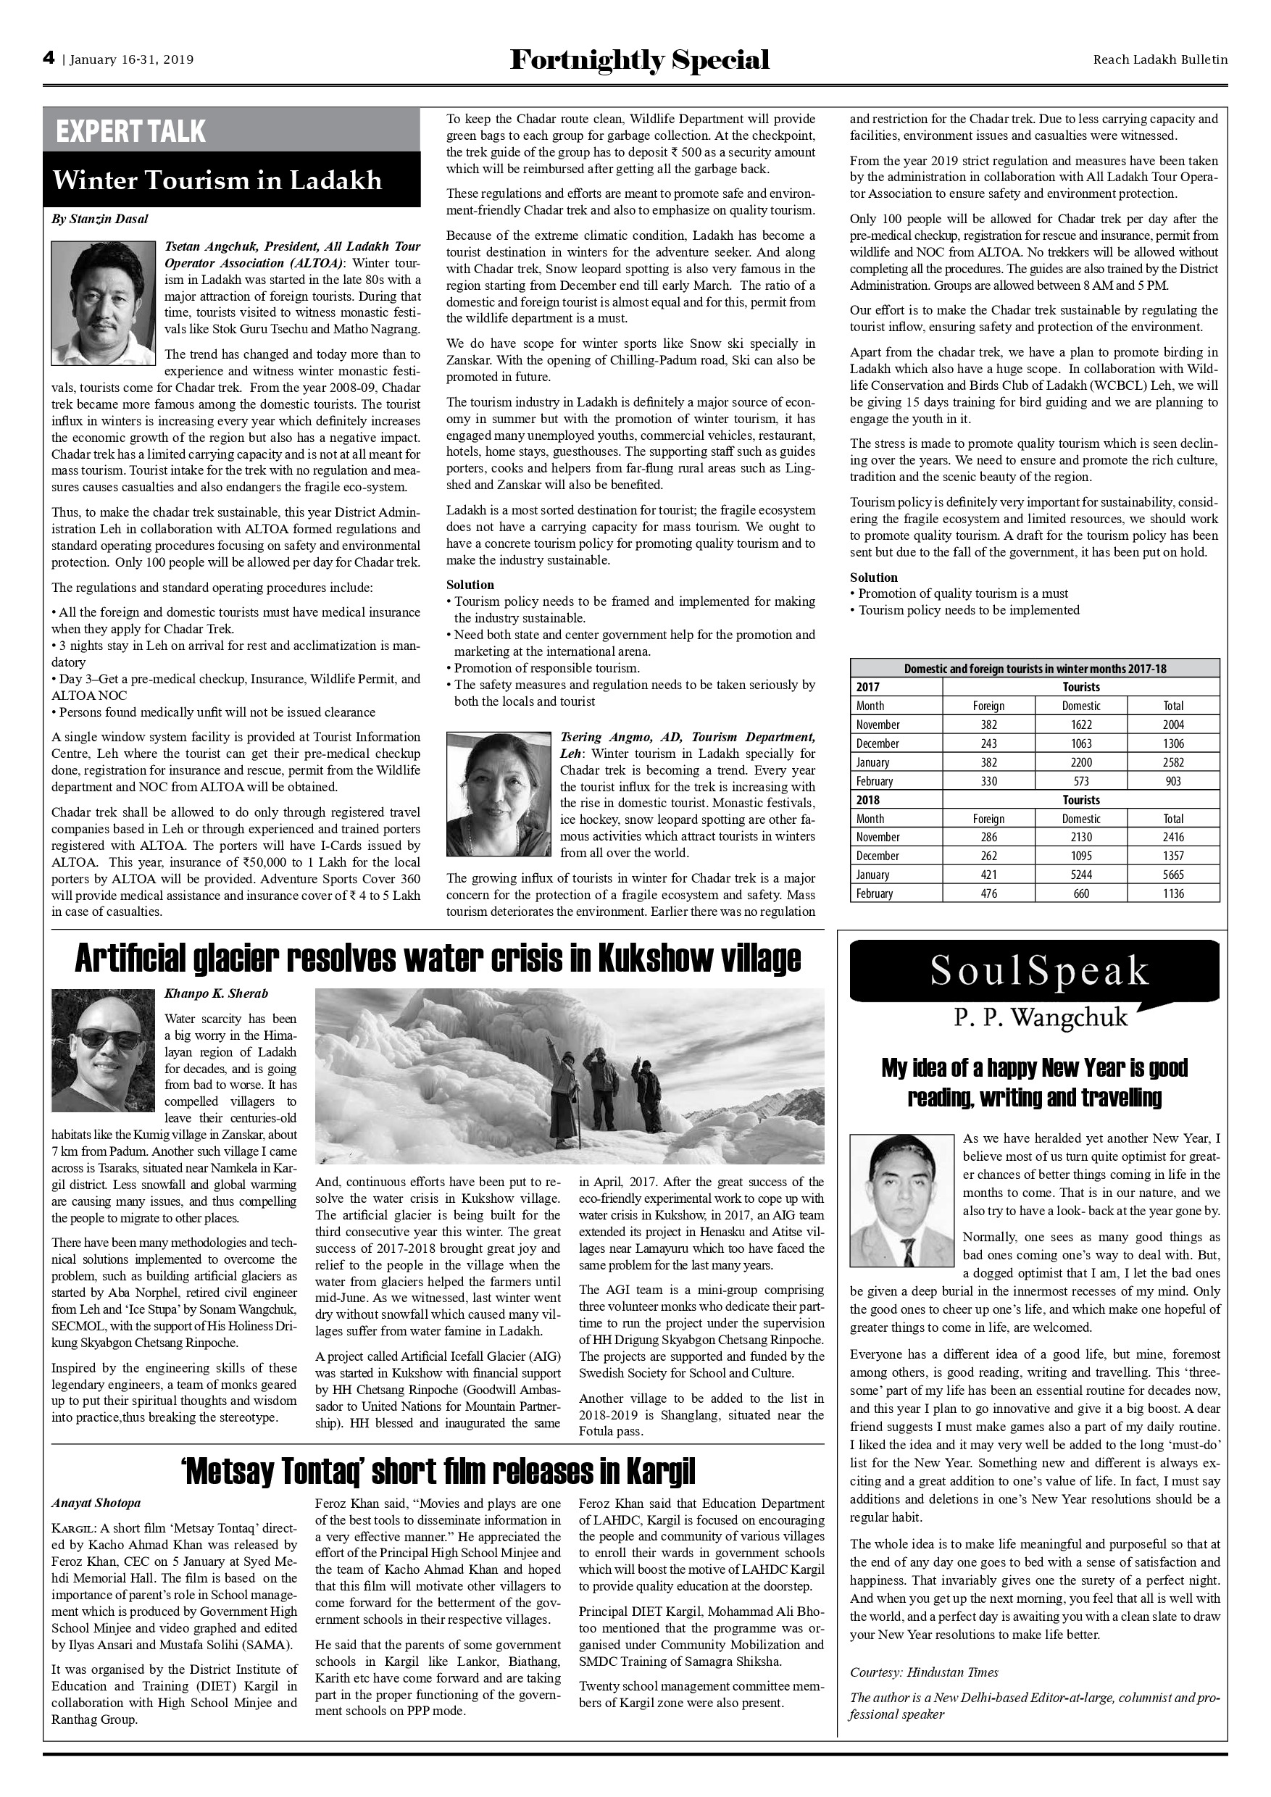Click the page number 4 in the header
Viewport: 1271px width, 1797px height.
(x=49, y=59)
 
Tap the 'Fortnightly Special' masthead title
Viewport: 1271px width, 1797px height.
(x=639, y=60)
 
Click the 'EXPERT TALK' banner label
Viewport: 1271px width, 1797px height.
(x=130, y=130)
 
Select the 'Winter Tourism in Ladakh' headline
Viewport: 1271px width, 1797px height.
(x=217, y=181)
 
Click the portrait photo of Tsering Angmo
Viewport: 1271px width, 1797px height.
(x=499, y=794)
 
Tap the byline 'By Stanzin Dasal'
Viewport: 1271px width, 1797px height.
(x=100, y=219)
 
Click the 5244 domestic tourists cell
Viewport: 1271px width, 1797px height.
(x=1081, y=875)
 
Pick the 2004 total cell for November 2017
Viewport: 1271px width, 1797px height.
(x=1173, y=725)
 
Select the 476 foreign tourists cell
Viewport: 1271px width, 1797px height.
(x=988, y=894)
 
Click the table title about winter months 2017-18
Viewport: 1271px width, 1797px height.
(x=1035, y=668)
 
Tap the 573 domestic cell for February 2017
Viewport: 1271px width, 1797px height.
(x=1081, y=781)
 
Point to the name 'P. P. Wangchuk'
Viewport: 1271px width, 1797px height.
(x=1040, y=1017)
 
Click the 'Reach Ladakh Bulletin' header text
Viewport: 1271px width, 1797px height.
(x=1160, y=59)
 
